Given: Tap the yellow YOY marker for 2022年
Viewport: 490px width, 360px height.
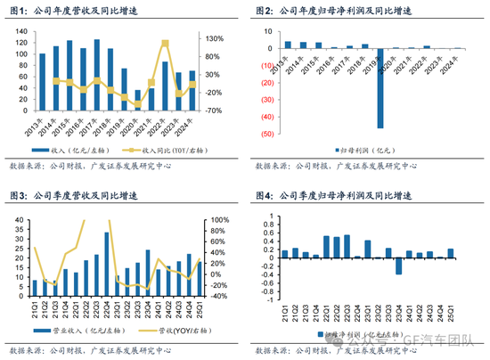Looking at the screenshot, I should pyautogui.click(x=164, y=43).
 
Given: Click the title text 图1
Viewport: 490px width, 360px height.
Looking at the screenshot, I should pyautogui.click(x=19, y=11).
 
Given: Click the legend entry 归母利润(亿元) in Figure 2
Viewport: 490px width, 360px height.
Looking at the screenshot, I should pyautogui.click(x=369, y=150).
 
